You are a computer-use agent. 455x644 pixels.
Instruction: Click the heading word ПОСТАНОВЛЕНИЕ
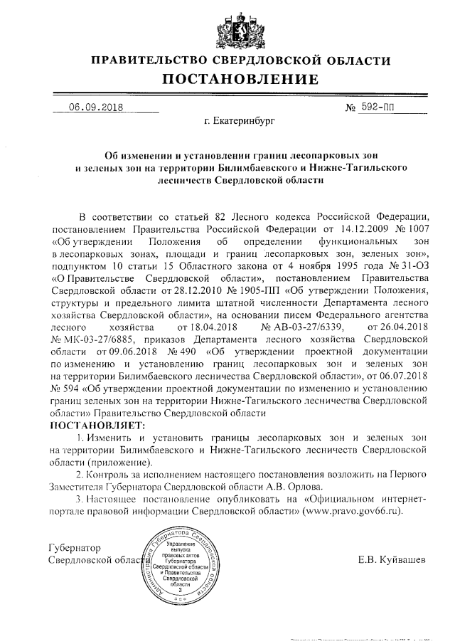(x=240, y=78)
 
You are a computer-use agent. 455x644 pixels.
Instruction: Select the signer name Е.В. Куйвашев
(x=393, y=560)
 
